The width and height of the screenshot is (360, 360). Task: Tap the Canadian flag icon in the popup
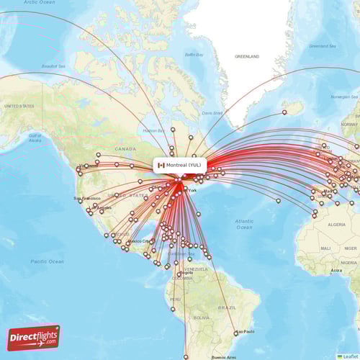pyautogui.click(x=161, y=165)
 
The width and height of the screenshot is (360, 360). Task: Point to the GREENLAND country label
pyautogui.click(x=246, y=56)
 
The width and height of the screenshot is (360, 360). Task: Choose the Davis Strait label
pyautogui.click(x=212, y=112)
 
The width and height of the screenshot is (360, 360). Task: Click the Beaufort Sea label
pyautogui.click(x=53, y=66)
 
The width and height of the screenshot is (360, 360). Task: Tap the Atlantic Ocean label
pyautogui.click(x=245, y=224)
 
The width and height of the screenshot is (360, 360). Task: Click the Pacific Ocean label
pyautogui.click(x=48, y=261)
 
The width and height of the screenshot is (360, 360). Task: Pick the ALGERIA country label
pyautogui.click(x=337, y=225)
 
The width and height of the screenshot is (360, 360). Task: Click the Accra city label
pyautogui.click(x=336, y=271)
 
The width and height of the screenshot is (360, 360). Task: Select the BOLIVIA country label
pyautogui.click(x=201, y=317)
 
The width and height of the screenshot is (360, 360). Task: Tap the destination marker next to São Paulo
pyautogui.click(x=235, y=334)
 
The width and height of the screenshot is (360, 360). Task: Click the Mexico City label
pyautogui.click(x=138, y=241)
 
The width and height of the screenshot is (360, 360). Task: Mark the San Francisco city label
pyautogui.click(x=87, y=198)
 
